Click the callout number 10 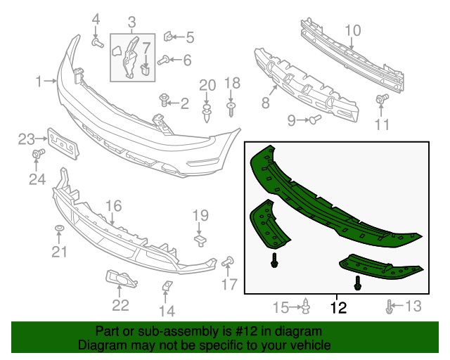point(353,31)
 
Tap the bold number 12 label point(338,308)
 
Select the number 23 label point(27,139)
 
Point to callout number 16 point(114,206)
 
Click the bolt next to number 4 point(98,43)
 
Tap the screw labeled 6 point(163,61)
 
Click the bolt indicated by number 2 point(164,100)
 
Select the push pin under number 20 point(206,113)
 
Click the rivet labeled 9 point(315,119)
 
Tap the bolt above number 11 point(382,98)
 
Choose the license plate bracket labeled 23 point(63,143)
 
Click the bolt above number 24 point(38,153)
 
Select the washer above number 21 point(59,229)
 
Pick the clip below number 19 point(200,240)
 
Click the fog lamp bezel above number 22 point(122,278)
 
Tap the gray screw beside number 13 point(389,307)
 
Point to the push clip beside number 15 point(307,306)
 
